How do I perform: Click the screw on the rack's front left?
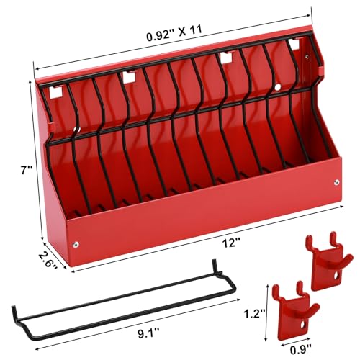pyautogui.click(x=77, y=246)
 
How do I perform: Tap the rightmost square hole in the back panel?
pyautogui.click(x=293, y=44)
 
